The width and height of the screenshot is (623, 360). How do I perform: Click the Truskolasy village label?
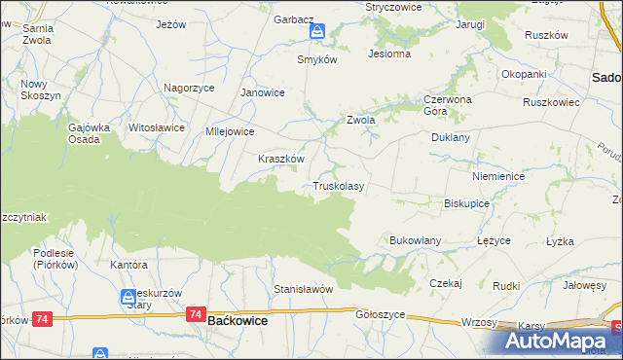pyautogui.click(x=338, y=186)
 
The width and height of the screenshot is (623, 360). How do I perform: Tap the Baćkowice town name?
pyautogui.click(x=238, y=319)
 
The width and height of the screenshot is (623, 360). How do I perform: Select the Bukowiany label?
pyautogui.click(x=416, y=239)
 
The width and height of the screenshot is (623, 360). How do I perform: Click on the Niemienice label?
pyautogui.click(x=498, y=177)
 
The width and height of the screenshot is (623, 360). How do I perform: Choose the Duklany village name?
pyautogui.click(x=451, y=137)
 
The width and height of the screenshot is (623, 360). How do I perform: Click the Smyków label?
pyautogui.click(x=316, y=59)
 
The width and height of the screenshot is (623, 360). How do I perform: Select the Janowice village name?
pyautogui.click(x=262, y=93)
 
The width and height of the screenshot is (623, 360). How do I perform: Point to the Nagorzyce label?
pyautogui.click(x=189, y=87)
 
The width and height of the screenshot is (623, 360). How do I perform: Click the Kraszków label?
pyautogui.click(x=281, y=159)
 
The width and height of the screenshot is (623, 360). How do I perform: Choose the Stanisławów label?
pyautogui.click(x=304, y=289)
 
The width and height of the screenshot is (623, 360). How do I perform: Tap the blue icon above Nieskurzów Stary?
pyautogui.click(x=128, y=297)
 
